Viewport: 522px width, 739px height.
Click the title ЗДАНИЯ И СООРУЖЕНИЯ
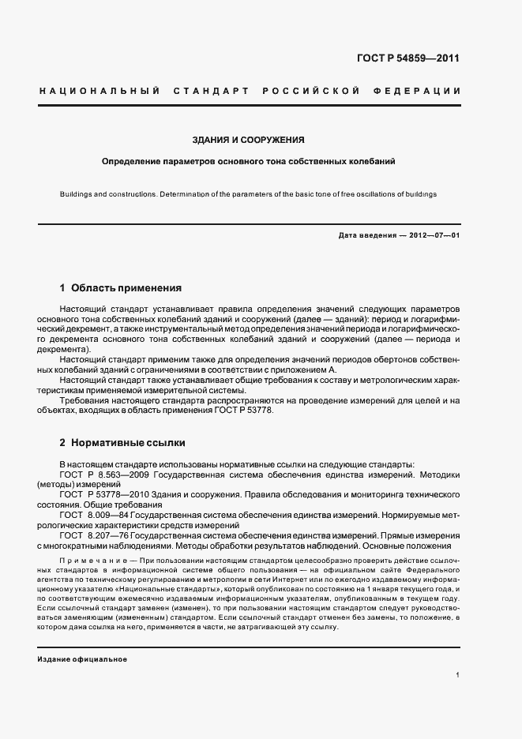click(x=249, y=140)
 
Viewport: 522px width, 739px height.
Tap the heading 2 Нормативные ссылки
click(x=122, y=443)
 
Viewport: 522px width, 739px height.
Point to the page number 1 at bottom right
click(x=458, y=674)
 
